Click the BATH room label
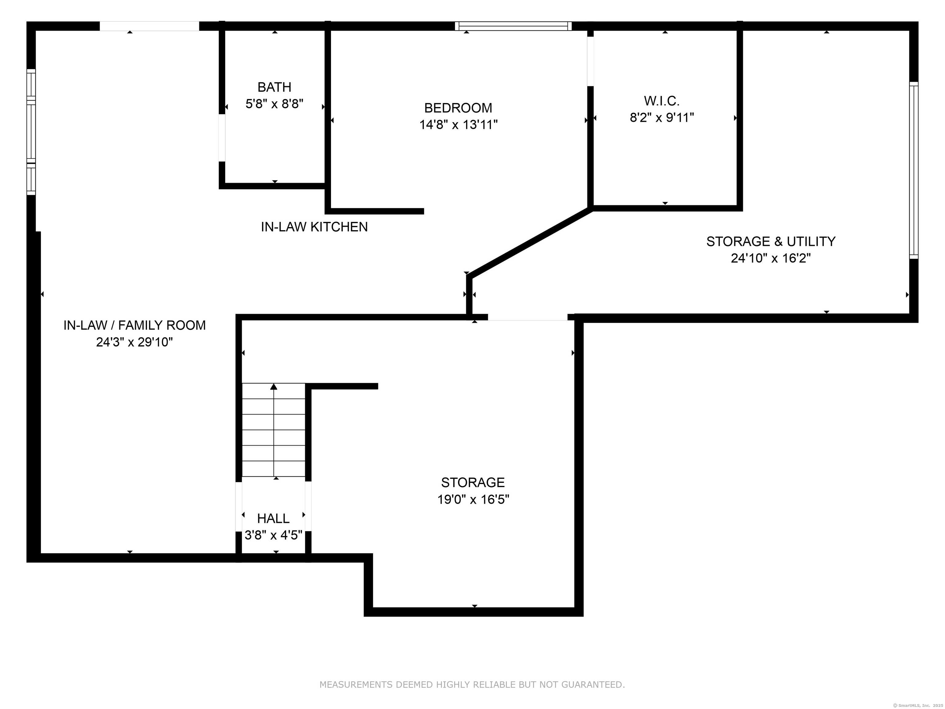coord(274,87)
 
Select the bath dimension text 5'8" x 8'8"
coord(274,104)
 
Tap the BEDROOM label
coord(458,108)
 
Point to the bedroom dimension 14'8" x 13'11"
coord(458,125)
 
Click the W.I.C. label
coord(662,101)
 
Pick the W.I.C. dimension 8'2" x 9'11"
coord(662,118)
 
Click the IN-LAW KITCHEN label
coord(314,227)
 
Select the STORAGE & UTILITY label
coord(771,242)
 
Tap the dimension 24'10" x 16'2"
coord(771,258)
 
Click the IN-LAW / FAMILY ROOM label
coord(134,325)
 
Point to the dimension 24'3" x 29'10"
coord(134,342)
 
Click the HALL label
coord(273,519)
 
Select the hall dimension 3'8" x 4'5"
coord(273,535)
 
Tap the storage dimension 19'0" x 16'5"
coord(473,499)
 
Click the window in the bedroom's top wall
coord(513,26)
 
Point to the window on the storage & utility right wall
coord(913,170)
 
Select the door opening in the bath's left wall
coord(222,138)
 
